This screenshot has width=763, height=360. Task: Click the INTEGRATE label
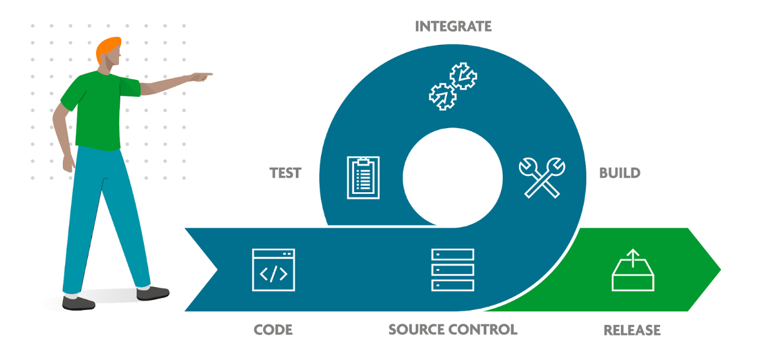453,27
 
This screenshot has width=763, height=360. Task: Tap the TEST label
285,173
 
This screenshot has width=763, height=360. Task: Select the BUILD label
620,173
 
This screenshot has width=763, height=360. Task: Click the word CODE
273,330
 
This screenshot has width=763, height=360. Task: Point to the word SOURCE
416,330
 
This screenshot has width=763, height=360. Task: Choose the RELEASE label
632,330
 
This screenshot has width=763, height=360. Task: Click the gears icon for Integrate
453,87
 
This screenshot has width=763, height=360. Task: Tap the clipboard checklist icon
363,177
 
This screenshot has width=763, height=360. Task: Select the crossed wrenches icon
542,177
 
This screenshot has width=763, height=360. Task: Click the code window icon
273,270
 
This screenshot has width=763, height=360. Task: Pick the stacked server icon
453,270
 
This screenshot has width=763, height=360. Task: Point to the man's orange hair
108,47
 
